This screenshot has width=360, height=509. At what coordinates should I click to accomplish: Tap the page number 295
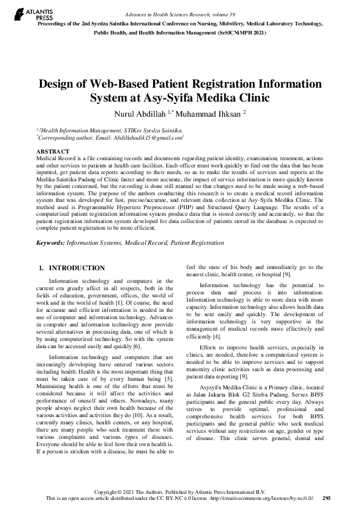coord(327,499)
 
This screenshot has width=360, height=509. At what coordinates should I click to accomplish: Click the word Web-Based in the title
coord(123,83)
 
